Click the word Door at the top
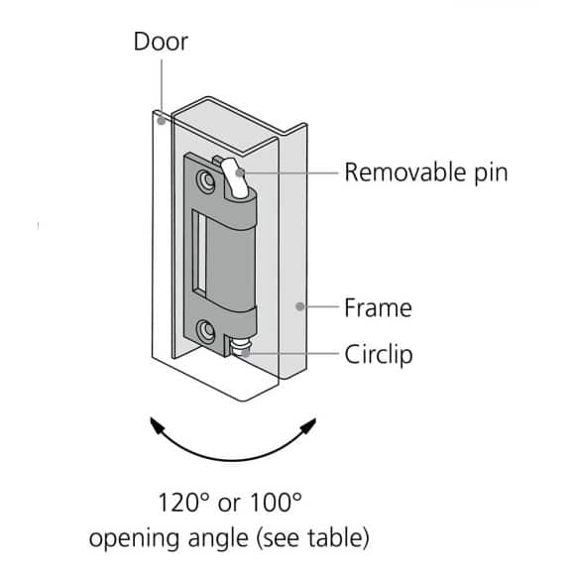point(162,43)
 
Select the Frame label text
point(378,307)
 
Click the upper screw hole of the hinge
point(205,181)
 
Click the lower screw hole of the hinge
point(205,330)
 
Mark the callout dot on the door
point(162,122)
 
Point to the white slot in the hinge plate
point(201,256)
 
